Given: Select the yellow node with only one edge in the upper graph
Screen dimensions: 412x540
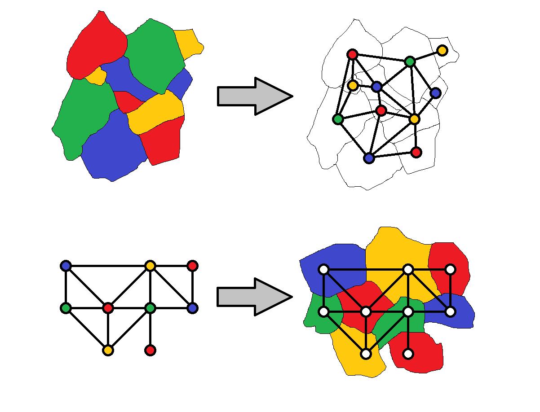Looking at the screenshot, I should tap(442, 50).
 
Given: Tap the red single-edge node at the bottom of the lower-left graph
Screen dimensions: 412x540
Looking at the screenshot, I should tap(150, 350).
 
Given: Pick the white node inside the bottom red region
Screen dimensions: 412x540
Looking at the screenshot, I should tap(408, 354).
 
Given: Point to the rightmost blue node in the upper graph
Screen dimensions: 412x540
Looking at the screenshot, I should tap(435, 93).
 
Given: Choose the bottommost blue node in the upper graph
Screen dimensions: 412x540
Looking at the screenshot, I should tap(369, 158).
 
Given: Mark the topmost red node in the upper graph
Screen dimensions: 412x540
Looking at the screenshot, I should tap(352, 54).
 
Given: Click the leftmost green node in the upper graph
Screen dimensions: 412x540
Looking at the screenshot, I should tap(338, 119).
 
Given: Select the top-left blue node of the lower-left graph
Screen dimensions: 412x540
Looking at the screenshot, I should tap(66, 266).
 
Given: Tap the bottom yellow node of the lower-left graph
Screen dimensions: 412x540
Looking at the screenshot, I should tap(107, 350).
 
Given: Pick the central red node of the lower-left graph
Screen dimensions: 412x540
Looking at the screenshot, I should tap(108, 308).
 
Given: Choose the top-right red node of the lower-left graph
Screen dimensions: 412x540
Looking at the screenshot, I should tap(192, 266).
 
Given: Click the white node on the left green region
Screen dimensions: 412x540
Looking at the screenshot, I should tap(323, 311).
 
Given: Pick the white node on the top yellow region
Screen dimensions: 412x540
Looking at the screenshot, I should tap(408, 269).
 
